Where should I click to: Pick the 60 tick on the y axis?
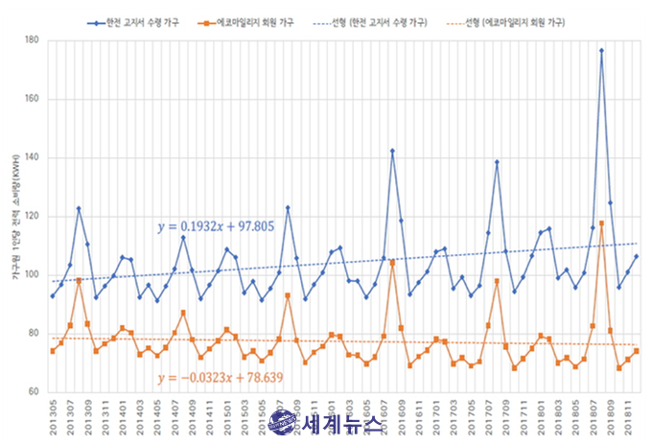coord(33,392)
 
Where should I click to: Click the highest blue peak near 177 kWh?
coord(601,51)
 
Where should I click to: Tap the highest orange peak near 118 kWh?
coord(601,223)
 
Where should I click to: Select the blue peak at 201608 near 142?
coord(392,151)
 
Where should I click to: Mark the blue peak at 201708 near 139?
coord(497,162)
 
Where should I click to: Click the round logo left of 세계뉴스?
coord(282,423)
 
